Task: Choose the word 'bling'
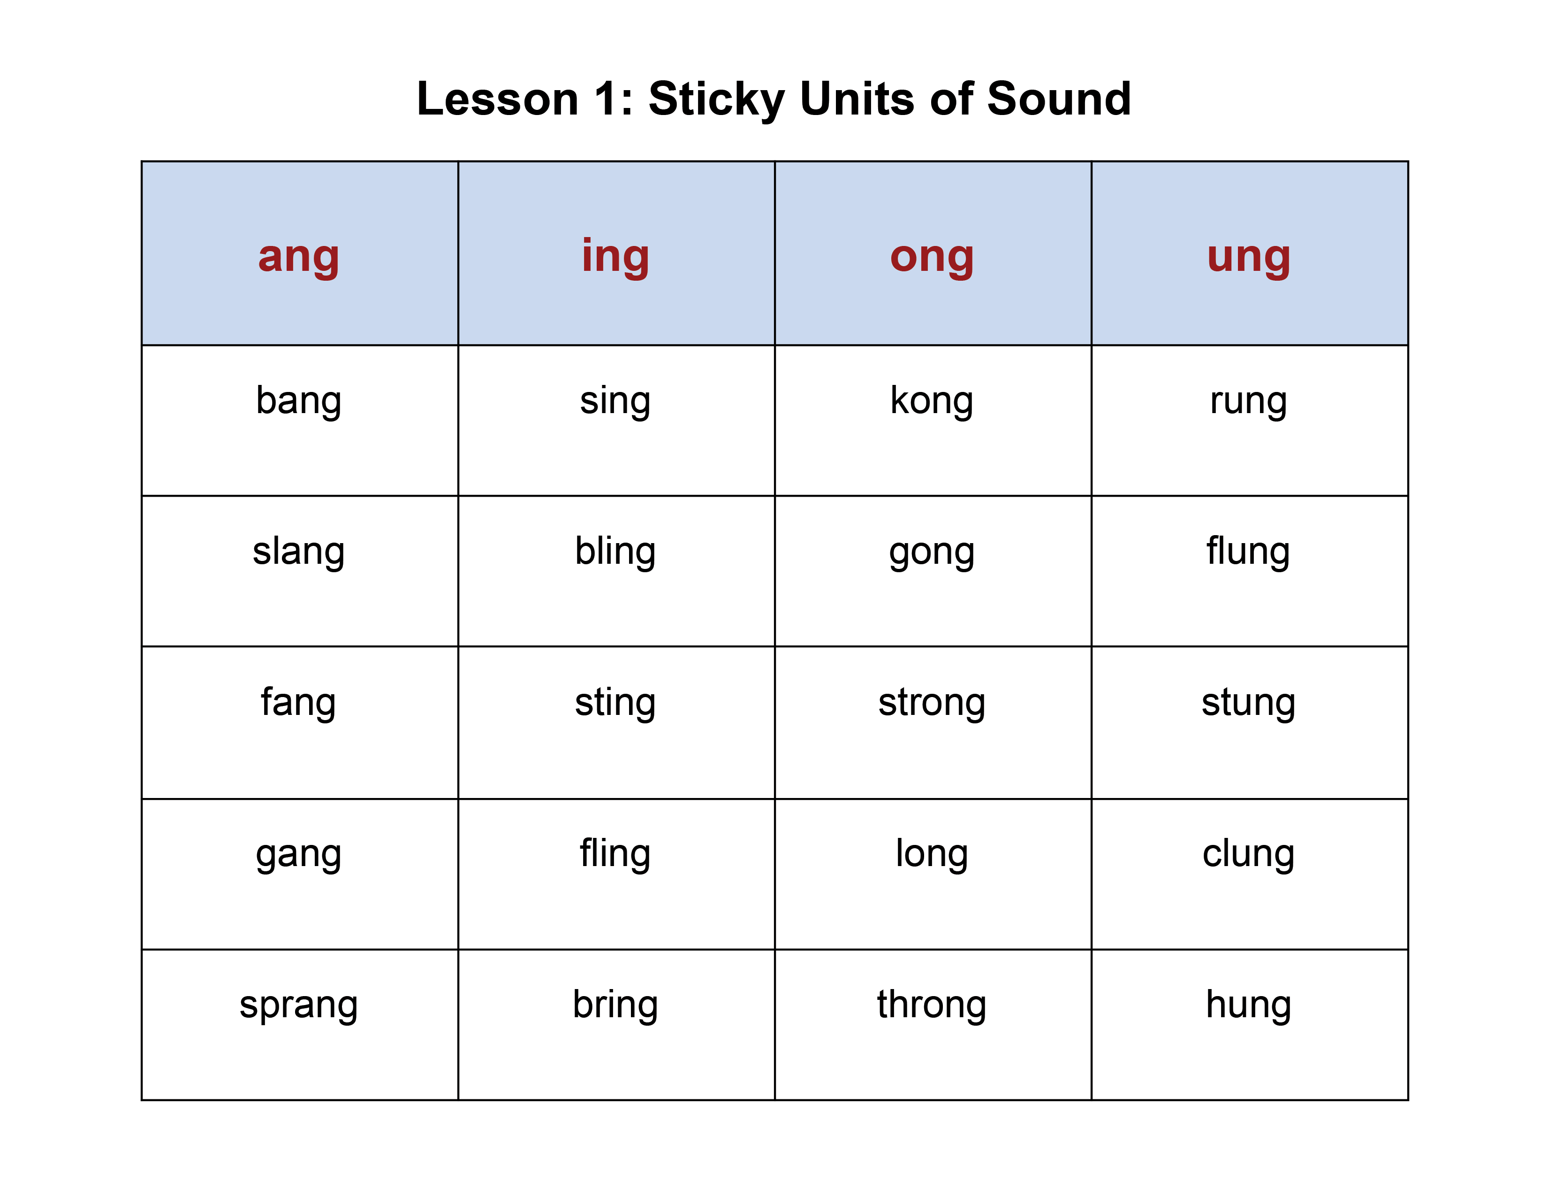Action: pyautogui.click(x=615, y=552)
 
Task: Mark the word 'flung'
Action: pyautogui.click(x=1249, y=552)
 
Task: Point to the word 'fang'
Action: pyautogui.click(x=298, y=704)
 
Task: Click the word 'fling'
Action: pyautogui.click(x=615, y=854)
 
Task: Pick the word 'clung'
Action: pyautogui.click(x=1249, y=854)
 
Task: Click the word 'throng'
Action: pyautogui.click(x=932, y=1005)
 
